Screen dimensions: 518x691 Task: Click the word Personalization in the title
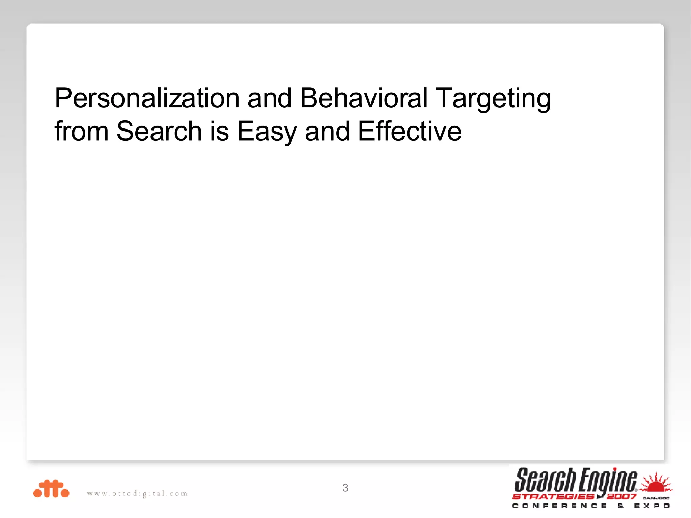click(147, 98)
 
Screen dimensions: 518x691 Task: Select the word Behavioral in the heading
click(364, 98)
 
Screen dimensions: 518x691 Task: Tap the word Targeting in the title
click(493, 99)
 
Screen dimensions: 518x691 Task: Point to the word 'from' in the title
click(81, 131)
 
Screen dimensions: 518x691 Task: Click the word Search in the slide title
click(159, 131)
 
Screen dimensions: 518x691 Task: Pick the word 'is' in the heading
click(220, 131)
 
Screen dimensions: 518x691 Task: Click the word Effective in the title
click(410, 131)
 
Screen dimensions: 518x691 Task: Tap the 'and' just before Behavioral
click(269, 98)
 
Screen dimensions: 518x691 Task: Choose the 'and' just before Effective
click(327, 131)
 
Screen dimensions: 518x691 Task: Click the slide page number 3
click(345, 488)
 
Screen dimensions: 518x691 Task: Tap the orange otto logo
click(51, 489)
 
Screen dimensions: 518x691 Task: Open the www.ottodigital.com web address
click(137, 494)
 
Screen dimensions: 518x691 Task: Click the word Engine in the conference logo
click(608, 481)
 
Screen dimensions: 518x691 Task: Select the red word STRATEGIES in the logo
click(553, 496)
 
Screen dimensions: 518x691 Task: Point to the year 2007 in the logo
click(621, 496)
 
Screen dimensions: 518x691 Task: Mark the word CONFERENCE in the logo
click(559, 506)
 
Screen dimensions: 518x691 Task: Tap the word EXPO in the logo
click(652, 506)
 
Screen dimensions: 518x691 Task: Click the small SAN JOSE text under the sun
click(656, 498)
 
